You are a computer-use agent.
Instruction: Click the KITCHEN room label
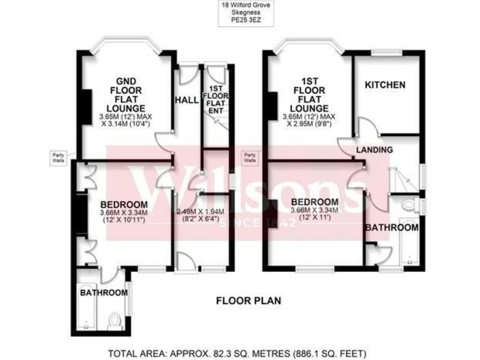[385, 85]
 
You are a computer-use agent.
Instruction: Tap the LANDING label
[374, 150]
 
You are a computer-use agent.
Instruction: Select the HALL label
[186, 100]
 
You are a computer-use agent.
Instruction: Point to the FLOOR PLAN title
[244, 299]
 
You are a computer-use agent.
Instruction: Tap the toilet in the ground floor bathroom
[114, 320]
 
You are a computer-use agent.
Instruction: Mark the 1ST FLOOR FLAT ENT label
[216, 99]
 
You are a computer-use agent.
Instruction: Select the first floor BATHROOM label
[391, 227]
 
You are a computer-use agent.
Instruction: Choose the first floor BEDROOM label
[315, 202]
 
